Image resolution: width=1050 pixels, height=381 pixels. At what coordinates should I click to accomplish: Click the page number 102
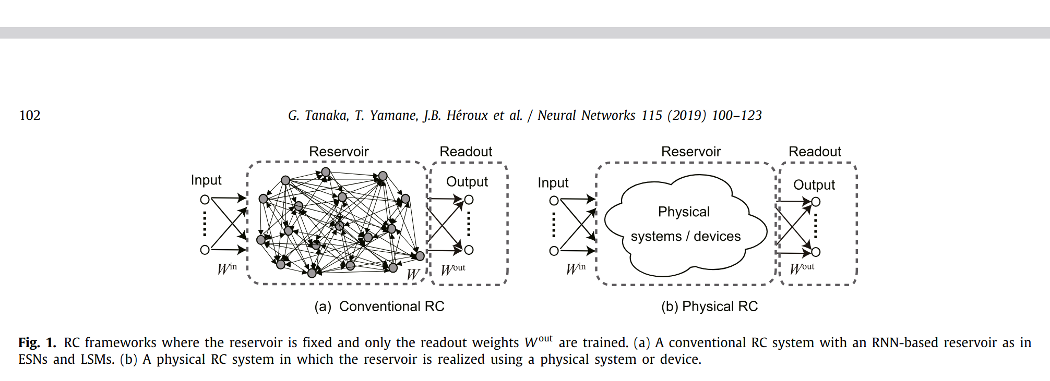[30, 115]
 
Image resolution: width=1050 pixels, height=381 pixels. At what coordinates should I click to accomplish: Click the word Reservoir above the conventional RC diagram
[339, 152]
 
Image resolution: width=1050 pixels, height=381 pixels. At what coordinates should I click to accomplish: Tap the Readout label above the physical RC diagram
[815, 152]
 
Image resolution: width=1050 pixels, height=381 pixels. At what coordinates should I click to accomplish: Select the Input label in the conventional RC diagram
[206, 180]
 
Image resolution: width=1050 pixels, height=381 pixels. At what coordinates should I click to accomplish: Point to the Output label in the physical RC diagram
[814, 185]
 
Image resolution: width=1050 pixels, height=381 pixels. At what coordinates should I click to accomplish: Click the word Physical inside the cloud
[684, 212]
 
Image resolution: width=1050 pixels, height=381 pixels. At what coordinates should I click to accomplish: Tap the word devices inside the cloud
[717, 236]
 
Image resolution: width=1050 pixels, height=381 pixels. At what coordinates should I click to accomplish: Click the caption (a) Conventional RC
[379, 306]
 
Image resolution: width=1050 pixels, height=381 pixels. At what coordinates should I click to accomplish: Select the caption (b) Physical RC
[709, 306]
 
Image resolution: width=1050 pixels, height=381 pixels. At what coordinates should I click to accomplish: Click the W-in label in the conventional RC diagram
[227, 268]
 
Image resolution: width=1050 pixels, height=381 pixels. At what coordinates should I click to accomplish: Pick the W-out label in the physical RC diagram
[802, 268]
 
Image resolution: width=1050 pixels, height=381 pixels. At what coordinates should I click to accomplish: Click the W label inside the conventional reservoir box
[413, 274]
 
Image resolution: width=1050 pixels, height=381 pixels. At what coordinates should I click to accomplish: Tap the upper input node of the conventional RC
[205, 200]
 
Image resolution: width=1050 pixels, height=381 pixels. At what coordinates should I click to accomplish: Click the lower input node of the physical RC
[554, 251]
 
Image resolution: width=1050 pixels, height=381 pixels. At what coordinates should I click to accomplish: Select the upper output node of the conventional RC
[469, 200]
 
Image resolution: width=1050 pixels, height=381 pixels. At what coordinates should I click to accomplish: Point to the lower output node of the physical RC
[816, 252]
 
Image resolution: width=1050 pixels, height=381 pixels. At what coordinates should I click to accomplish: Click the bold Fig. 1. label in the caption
[37, 342]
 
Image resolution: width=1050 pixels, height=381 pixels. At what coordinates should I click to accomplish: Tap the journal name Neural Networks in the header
[587, 115]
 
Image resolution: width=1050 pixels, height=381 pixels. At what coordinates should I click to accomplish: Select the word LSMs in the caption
[97, 359]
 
